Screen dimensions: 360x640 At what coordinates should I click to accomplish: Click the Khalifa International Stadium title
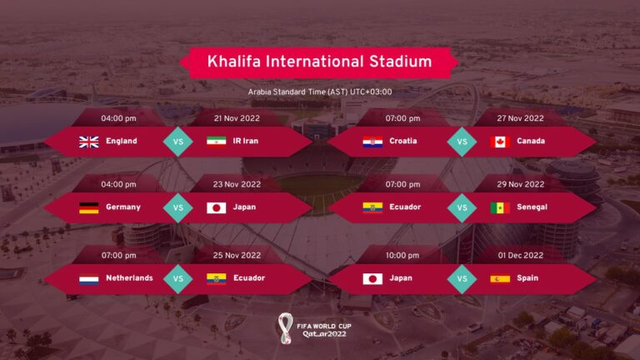(320, 62)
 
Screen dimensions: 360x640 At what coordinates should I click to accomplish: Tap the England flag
(89, 141)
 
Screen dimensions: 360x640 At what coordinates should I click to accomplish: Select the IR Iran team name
(245, 141)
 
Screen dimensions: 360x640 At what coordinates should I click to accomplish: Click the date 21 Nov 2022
(237, 118)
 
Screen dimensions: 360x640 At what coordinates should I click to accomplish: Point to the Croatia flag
(372, 141)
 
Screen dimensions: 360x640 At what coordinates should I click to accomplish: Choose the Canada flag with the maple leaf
(500, 141)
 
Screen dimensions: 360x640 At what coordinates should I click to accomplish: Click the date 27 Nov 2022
(521, 118)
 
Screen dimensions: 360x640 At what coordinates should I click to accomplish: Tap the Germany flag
(89, 207)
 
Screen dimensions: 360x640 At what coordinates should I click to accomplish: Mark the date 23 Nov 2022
(237, 184)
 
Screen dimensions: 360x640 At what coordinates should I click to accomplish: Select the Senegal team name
(532, 207)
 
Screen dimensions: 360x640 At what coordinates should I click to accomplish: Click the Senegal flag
(500, 207)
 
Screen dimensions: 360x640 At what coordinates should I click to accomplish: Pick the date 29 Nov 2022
(521, 184)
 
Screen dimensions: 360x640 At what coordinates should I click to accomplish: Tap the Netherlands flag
(89, 278)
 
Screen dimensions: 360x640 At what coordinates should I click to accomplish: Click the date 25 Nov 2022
(237, 255)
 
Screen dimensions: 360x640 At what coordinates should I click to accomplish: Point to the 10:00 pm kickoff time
(402, 255)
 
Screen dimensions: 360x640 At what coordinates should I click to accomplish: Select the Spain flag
(500, 278)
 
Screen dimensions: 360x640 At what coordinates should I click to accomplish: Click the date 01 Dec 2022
(521, 255)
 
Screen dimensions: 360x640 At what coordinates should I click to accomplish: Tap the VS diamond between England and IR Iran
(177, 141)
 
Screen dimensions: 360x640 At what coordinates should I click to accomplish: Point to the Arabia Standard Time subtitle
(320, 92)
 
